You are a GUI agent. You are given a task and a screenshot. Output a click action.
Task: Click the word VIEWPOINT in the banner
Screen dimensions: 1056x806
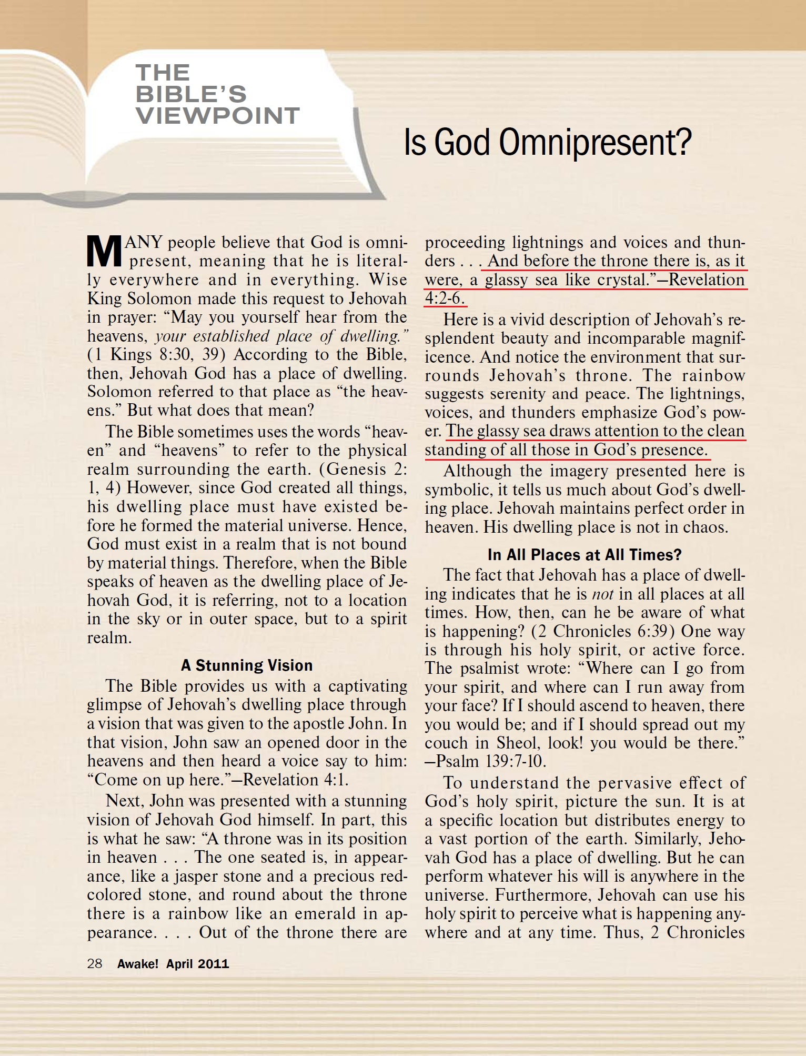217,116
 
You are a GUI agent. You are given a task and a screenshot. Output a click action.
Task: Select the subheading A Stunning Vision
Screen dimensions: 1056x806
247,665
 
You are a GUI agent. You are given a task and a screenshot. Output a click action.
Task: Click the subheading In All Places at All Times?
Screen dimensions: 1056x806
585,555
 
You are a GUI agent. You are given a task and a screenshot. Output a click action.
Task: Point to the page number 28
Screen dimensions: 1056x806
95,963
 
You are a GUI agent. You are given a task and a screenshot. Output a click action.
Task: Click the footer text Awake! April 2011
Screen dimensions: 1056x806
173,964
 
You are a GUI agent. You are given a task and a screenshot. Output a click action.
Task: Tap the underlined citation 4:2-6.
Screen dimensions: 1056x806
445,298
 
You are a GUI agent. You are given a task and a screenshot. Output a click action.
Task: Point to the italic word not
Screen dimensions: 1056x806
602,594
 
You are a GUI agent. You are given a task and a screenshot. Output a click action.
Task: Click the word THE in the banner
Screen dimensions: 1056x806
163,73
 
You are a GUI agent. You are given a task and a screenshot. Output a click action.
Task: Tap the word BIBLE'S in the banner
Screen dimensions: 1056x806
191,94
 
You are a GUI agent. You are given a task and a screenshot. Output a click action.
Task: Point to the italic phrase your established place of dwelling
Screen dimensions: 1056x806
281,336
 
